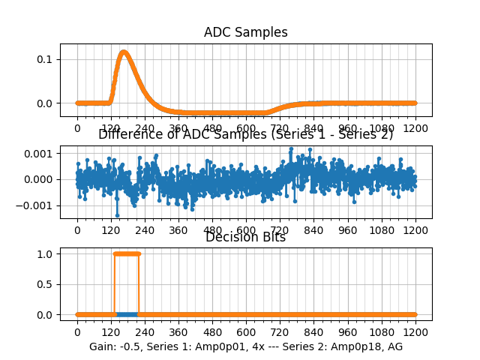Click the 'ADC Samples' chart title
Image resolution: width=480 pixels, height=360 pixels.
[x=245, y=32]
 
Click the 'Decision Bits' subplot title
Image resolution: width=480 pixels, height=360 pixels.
[x=245, y=238]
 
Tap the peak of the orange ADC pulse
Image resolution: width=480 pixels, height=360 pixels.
[x=124, y=52]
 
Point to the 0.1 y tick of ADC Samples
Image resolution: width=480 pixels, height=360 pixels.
[x=46, y=59]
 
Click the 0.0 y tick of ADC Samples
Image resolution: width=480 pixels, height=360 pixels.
[x=46, y=103]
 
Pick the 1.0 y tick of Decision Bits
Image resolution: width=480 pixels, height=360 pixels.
[x=46, y=253]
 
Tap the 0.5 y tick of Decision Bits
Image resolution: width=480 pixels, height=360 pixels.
[x=46, y=284]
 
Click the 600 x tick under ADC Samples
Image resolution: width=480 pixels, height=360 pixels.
[x=246, y=128]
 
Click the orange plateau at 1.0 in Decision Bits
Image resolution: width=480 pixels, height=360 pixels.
[x=127, y=253]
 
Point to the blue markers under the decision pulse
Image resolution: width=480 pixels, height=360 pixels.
[x=127, y=314]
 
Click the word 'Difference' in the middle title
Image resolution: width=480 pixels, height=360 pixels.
[x=127, y=135]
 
